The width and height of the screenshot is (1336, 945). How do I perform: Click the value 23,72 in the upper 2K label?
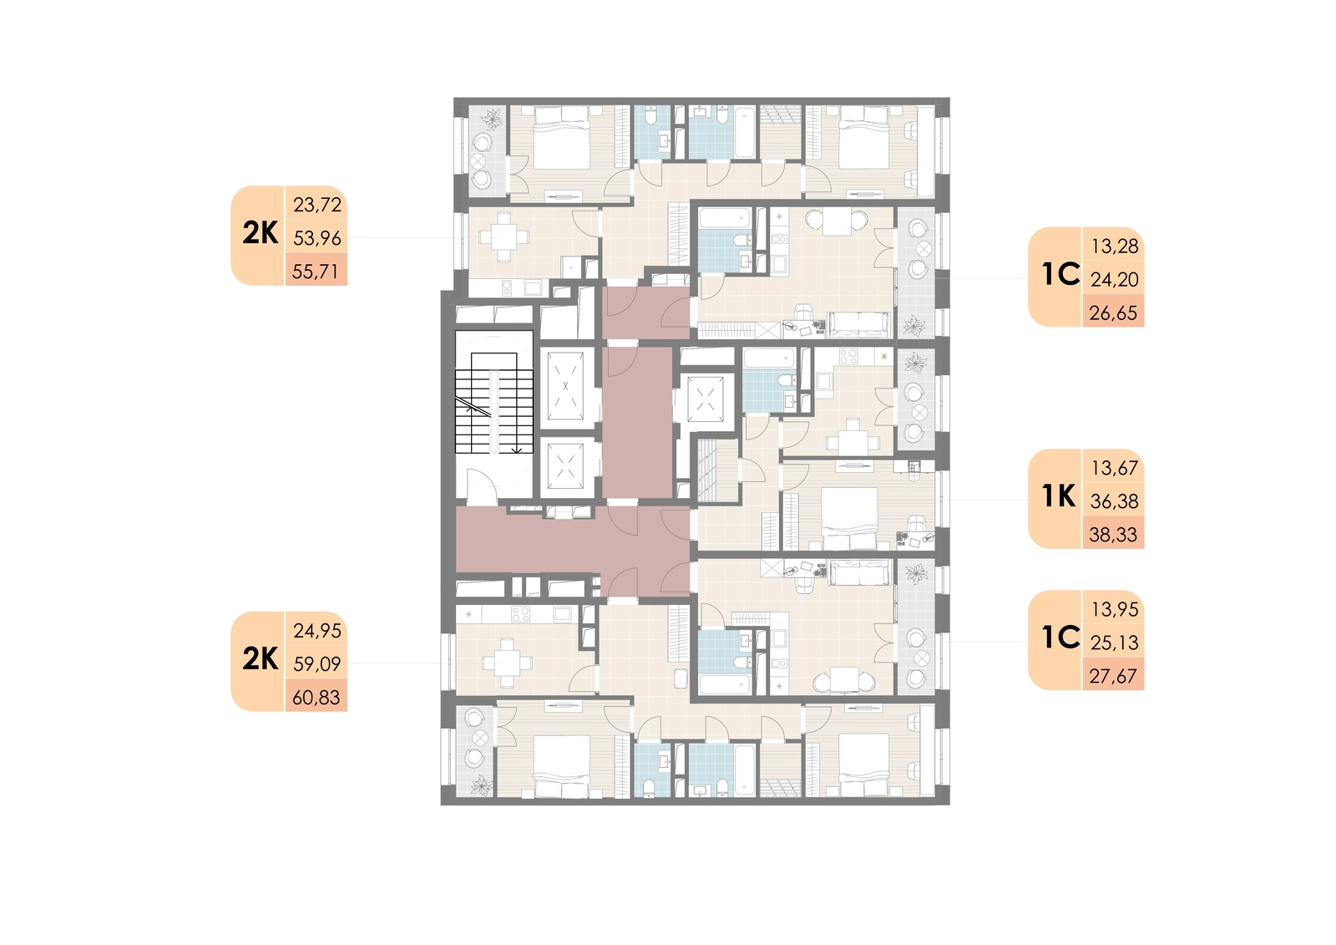coord(317,206)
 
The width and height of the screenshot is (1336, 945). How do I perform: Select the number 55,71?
coord(316,272)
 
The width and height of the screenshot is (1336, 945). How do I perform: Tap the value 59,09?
coord(317,663)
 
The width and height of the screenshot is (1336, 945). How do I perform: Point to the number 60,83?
coord(316,697)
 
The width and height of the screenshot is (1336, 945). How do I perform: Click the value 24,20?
coord(1115,279)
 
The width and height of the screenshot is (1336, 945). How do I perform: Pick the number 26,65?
coord(1114,312)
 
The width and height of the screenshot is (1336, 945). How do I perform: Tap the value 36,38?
coord(1115,501)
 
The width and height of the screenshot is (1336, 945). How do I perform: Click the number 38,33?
coord(1114,535)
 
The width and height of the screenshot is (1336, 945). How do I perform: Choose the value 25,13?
coord(1115,643)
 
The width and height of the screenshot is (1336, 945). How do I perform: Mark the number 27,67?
coord(1114,676)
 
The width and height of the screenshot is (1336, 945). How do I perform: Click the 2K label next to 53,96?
coord(260,233)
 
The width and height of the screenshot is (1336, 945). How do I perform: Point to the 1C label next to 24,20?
coord(1061,274)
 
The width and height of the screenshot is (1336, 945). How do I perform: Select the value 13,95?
coord(1115,609)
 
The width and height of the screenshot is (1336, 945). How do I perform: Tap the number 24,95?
coord(317,631)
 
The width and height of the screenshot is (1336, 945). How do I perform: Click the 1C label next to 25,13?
coord(1061,638)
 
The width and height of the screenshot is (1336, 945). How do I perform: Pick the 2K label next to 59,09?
coord(260,659)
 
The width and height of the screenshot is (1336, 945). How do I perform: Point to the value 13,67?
coord(1115,468)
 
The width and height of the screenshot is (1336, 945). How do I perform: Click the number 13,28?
coord(1115,246)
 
